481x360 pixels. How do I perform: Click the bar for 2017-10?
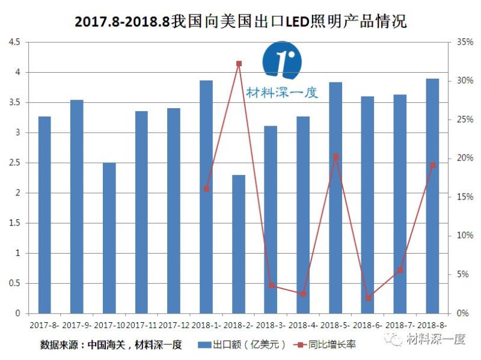coord(109,237)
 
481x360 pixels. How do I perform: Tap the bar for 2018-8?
coord(432,195)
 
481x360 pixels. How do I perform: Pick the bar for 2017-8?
coord(44,215)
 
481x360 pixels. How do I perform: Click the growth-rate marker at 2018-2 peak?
coord(239,63)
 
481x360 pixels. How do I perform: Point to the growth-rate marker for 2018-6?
coord(368,298)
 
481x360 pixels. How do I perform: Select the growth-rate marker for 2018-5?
coord(335,157)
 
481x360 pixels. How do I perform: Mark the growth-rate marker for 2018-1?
coord(206,189)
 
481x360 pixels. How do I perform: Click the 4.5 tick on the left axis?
coord(13,42)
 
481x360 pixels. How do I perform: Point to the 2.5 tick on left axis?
coord(13,163)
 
